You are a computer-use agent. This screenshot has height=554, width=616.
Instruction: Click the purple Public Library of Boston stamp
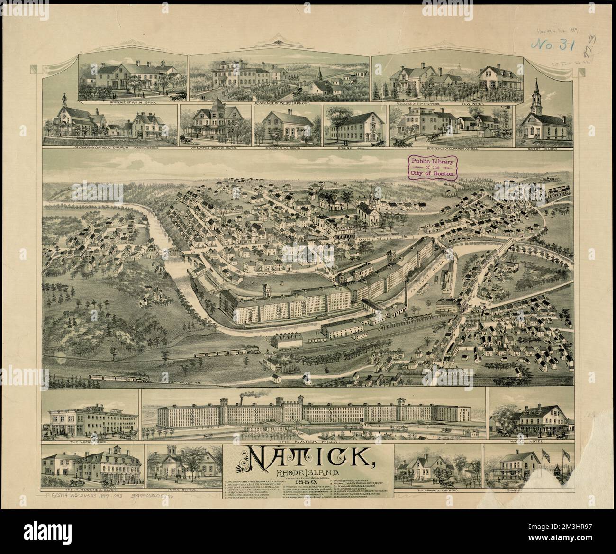click(432, 169)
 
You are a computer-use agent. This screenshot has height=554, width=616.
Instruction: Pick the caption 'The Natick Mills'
click(314, 442)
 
